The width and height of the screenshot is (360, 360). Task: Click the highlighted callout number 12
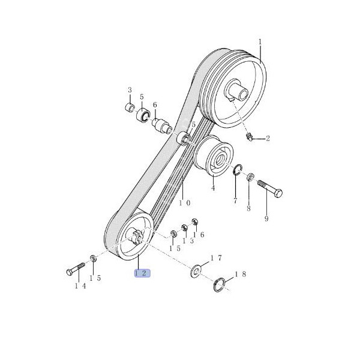point(142,273)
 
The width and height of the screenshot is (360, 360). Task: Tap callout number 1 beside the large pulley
point(260,42)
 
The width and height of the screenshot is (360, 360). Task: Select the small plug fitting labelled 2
point(250,137)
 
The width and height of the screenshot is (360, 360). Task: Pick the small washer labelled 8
point(250,177)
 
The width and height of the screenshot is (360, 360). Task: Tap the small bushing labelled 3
point(130,108)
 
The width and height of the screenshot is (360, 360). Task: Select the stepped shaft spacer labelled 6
point(162,126)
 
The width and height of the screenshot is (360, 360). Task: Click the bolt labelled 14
point(76,269)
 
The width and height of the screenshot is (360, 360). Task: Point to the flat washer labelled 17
point(196,272)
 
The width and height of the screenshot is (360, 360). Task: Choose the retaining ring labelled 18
point(219,284)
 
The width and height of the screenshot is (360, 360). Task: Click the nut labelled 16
point(194,221)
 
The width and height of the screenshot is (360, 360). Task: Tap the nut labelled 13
point(184,227)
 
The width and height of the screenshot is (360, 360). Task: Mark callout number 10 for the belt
point(185,203)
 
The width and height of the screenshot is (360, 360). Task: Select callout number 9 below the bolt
point(266,218)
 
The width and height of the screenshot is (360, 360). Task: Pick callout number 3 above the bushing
point(130,90)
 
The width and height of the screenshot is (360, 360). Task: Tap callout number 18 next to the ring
point(241,274)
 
